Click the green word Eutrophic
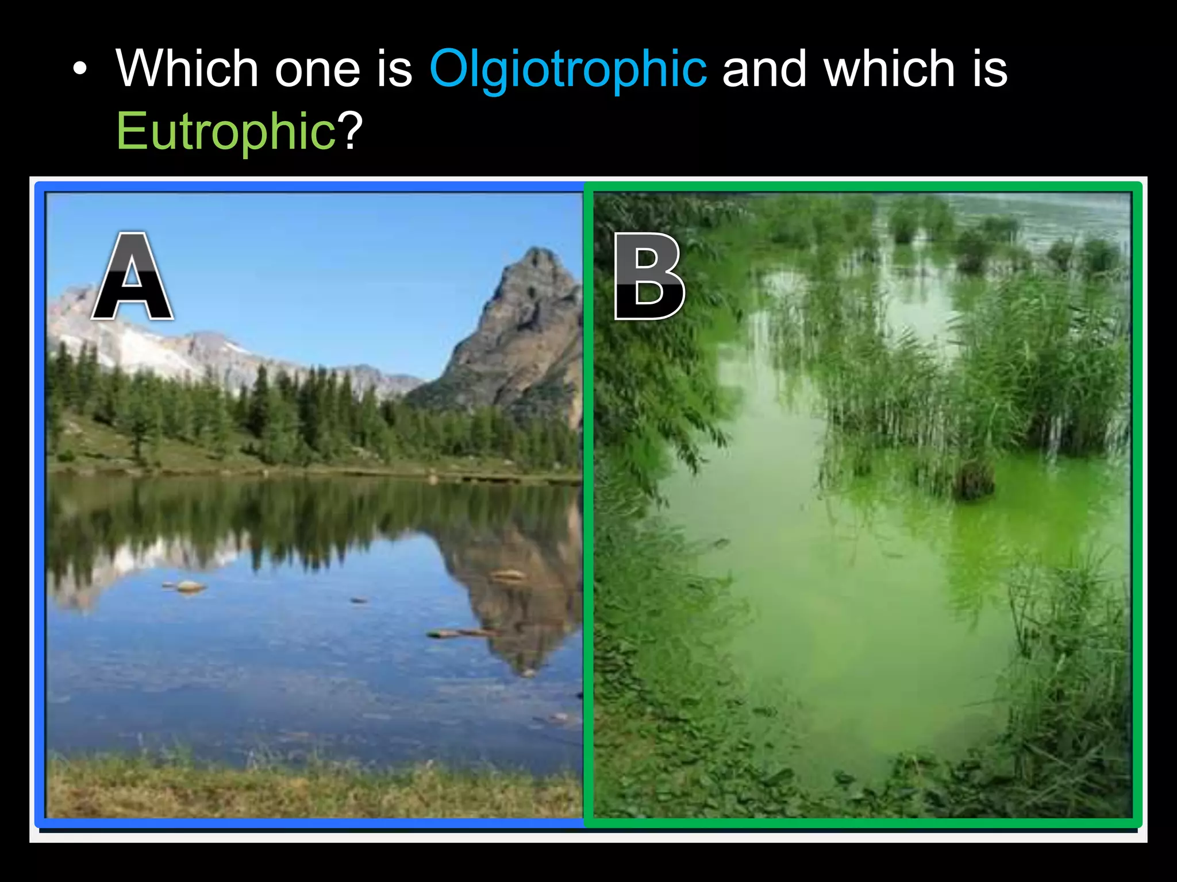(225, 132)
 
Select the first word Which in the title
(187, 69)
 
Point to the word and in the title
(764, 69)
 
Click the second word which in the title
(888, 69)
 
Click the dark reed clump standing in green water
(974, 479)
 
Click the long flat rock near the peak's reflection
(460, 633)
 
